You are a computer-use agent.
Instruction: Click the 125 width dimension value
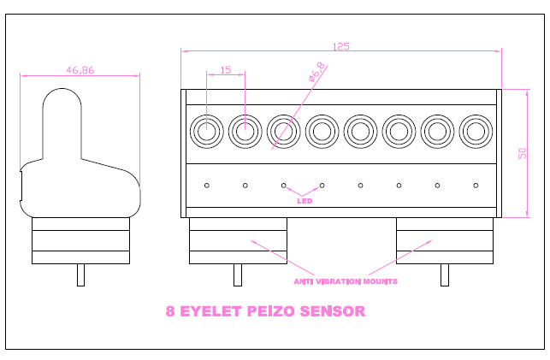[x=340, y=48]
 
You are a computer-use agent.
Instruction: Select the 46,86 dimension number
[x=80, y=70]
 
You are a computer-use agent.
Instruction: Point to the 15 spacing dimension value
[x=226, y=70]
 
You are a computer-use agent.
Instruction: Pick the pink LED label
[x=304, y=202]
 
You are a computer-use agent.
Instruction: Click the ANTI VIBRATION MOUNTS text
[x=345, y=280]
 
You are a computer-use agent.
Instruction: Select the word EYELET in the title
[x=214, y=312]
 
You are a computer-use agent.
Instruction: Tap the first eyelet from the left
[x=205, y=132]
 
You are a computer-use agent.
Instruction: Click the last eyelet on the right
[x=476, y=132]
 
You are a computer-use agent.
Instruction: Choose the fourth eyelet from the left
[x=322, y=132]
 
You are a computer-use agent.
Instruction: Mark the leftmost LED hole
[x=205, y=185]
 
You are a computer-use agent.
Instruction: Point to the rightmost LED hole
[x=476, y=185]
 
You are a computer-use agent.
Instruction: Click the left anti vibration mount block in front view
[x=238, y=240]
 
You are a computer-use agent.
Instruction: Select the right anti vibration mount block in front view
[x=444, y=240]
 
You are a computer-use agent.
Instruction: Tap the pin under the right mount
[x=444, y=274]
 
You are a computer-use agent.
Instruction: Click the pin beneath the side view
[x=81, y=274]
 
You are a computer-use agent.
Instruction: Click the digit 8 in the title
[x=171, y=312]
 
